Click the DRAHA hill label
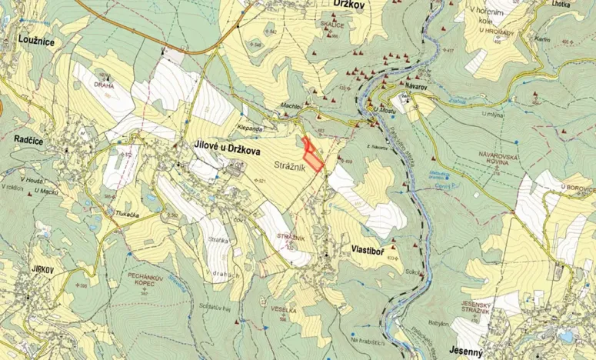104,85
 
